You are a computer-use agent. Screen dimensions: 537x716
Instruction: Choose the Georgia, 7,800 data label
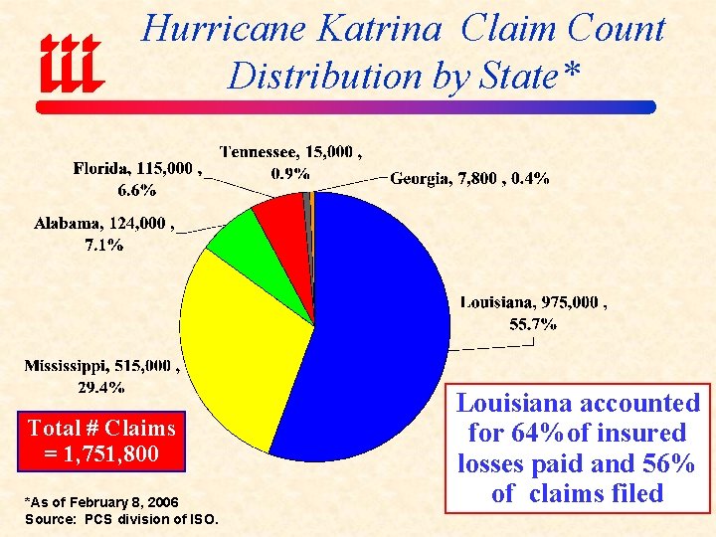(469, 178)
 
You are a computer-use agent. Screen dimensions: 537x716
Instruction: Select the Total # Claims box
(100, 443)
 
